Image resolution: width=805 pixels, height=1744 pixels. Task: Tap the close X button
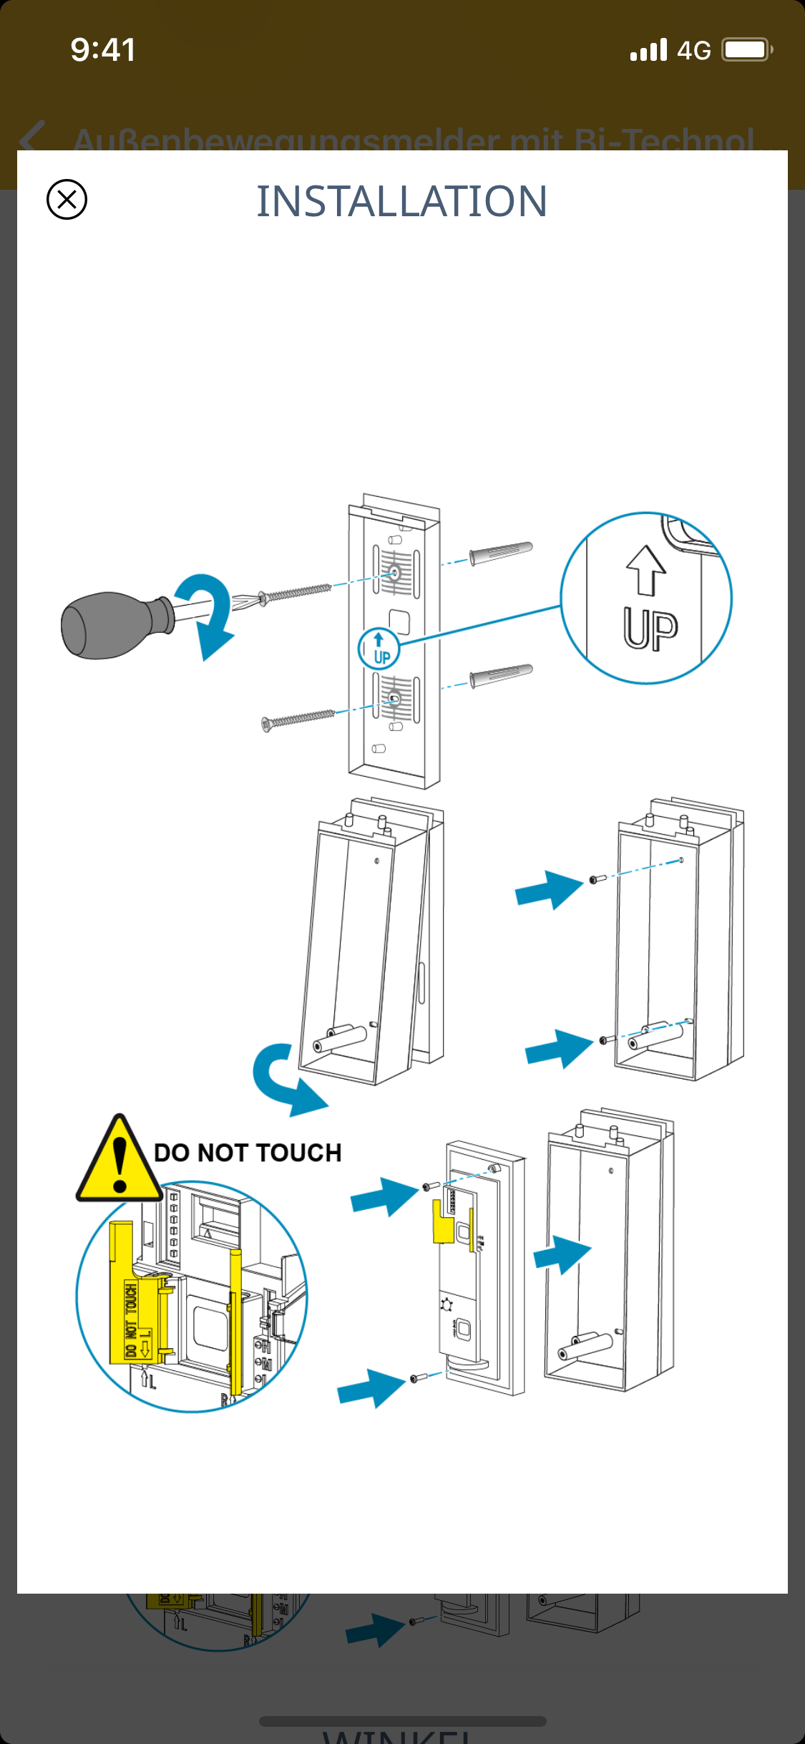(67, 199)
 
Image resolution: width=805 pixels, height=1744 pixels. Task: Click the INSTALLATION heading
(402, 201)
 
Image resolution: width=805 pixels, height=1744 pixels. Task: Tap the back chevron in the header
(32, 136)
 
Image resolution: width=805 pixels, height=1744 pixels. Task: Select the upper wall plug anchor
(501, 552)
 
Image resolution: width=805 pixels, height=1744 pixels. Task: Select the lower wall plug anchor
(501, 675)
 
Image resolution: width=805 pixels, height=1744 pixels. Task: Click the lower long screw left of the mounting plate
(298, 719)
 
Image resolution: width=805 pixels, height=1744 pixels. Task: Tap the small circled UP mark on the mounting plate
(379, 649)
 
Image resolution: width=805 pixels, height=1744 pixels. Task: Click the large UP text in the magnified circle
(650, 629)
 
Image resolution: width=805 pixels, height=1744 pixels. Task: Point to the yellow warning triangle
(119, 1161)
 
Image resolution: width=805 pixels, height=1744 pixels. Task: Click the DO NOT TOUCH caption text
(248, 1153)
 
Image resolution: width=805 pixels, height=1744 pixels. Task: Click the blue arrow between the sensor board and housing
(562, 1254)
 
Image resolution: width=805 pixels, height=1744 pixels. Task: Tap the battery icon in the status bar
(746, 50)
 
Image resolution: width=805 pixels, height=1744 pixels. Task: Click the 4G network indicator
(693, 51)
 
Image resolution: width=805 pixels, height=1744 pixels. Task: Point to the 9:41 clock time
(103, 50)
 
